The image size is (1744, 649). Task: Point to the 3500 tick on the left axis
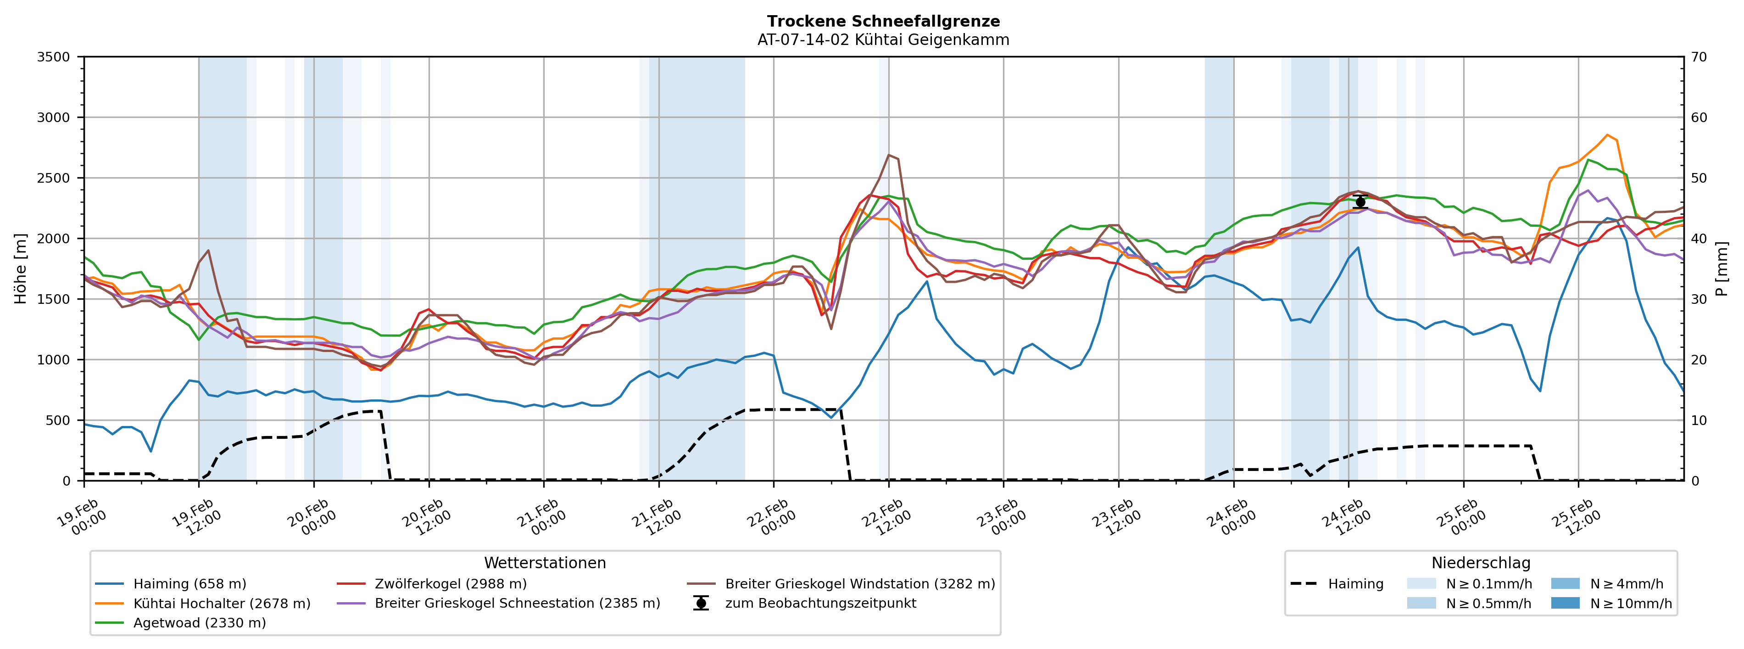[54, 57]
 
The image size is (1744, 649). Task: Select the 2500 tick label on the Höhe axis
[54, 178]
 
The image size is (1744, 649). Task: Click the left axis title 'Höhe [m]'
[20, 269]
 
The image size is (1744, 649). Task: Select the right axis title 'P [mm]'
[1722, 269]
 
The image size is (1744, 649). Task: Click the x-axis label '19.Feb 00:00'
[82, 518]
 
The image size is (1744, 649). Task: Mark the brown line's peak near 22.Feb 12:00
[889, 155]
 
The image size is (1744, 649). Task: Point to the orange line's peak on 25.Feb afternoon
[1607, 135]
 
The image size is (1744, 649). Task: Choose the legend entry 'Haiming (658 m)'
[189, 584]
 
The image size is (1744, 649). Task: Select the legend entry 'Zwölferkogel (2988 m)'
[450, 584]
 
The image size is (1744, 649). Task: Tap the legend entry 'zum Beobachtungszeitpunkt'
[820, 604]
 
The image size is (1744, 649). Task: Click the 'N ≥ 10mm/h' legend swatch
[1565, 604]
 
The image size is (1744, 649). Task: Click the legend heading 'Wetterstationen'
[545, 563]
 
